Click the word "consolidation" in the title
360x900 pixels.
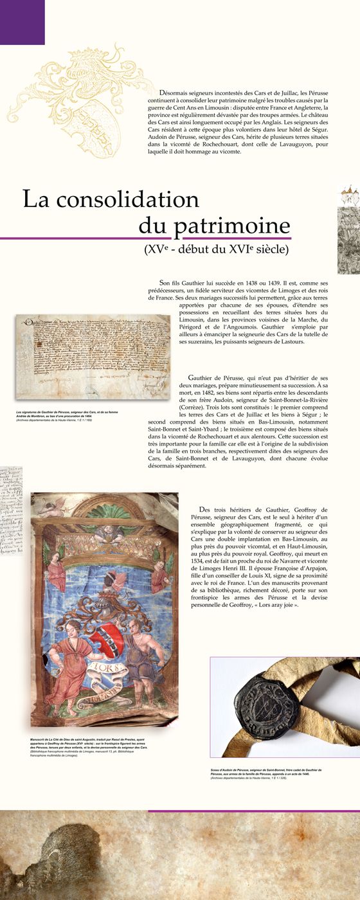(x=129, y=199)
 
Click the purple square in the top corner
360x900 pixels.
(x=22, y=22)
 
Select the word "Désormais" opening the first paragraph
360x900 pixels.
(x=179, y=93)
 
